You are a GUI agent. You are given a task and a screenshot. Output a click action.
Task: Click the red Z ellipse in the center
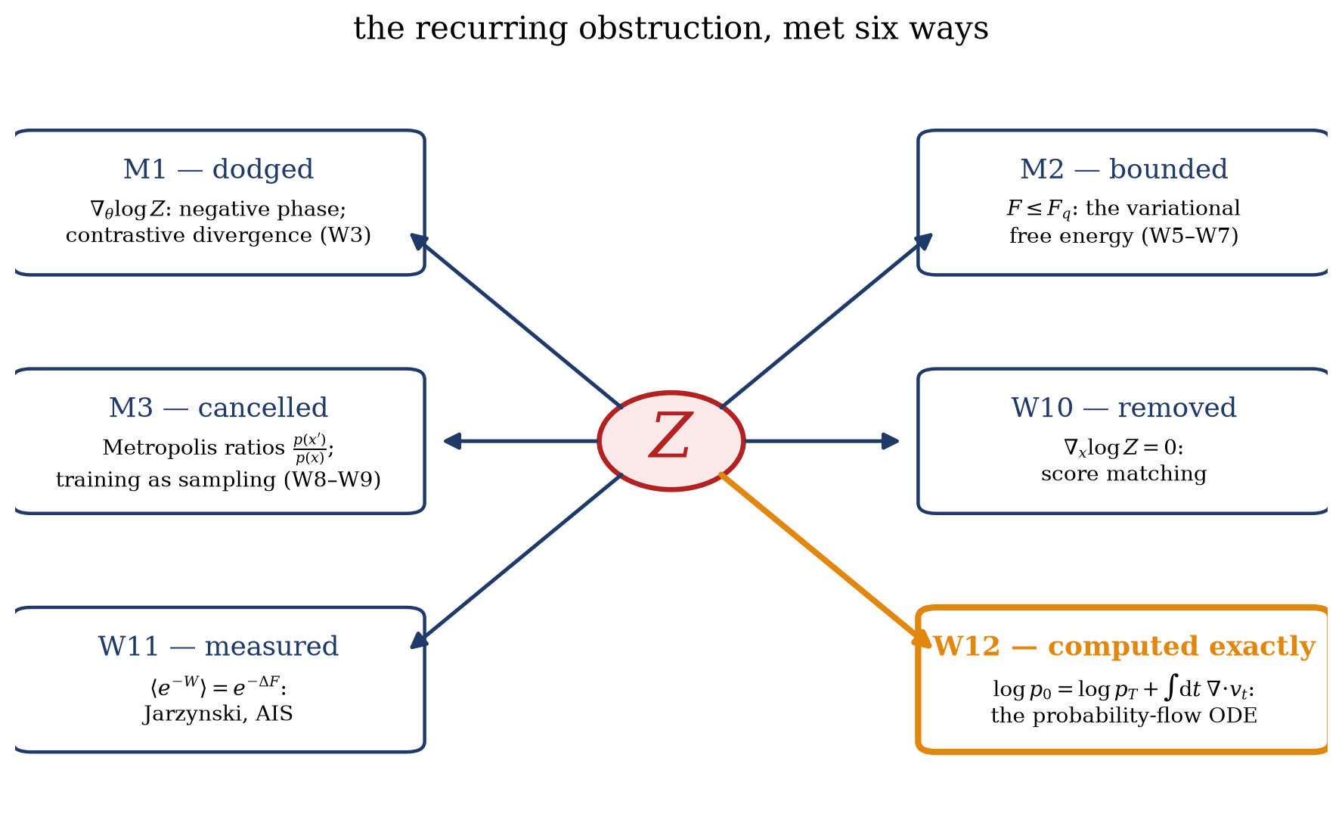click(x=671, y=441)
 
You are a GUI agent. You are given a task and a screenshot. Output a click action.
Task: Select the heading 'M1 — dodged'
click(x=219, y=169)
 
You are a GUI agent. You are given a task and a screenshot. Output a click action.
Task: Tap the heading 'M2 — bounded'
click(x=1123, y=169)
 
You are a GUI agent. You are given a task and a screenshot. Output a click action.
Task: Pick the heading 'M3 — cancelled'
click(x=219, y=408)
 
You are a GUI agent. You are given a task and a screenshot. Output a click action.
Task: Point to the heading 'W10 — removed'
click(x=1123, y=408)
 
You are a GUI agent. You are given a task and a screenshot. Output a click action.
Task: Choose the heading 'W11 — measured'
click(x=219, y=646)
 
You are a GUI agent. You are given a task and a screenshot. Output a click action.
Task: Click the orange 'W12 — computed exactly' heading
click(x=1123, y=646)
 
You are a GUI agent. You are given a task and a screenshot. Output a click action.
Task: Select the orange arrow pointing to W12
click(x=826, y=560)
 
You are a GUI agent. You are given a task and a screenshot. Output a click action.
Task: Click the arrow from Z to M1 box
click(x=516, y=321)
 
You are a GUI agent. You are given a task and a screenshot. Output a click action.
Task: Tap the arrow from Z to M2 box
click(x=826, y=321)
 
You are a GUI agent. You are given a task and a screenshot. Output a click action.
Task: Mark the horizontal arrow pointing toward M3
click(x=521, y=441)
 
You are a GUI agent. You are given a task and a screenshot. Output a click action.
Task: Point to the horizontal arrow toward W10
click(x=822, y=441)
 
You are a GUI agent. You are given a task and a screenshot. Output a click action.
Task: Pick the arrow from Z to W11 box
click(x=516, y=560)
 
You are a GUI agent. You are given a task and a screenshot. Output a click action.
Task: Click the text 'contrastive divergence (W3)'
click(x=219, y=235)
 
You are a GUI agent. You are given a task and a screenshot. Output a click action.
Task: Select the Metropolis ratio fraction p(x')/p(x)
click(x=309, y=449)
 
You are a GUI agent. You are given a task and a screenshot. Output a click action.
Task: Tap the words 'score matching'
click(x=1123, y=474)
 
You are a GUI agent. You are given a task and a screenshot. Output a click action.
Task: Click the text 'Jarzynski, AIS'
click(x=219, y=713)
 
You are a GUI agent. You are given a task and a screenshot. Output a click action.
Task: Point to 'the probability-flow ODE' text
click(x=1123, y=716)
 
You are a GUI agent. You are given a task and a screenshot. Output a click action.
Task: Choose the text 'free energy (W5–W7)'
click(x=1123, y=236)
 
